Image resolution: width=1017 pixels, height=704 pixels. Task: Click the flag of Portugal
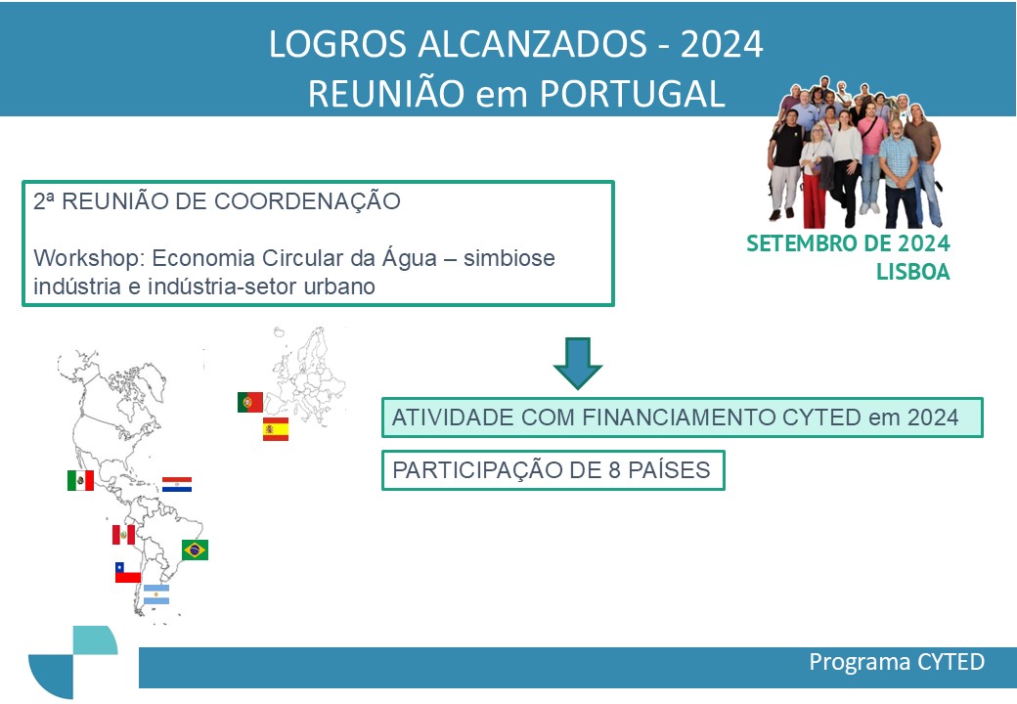pyautogui.click(x=250, y=403)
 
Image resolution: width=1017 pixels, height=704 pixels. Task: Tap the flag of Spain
pyautogui.click(x=276, y=429)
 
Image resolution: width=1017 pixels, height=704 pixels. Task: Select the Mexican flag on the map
pyautogui.click(x=80, y=480)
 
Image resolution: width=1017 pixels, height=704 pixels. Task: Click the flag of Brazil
pyautogui.click(x=196, y=550)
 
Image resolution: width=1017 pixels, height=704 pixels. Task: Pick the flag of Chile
pyautogui.click(x=128, y=572)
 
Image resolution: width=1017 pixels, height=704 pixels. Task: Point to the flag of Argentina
pyautogui.click(x=156, y=594)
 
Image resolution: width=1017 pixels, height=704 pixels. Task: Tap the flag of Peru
pyautogui.click(x=123, y=535)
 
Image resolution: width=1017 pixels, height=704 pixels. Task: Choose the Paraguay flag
pyautogui.click(x=177, y=484)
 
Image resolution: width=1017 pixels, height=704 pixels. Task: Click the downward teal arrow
pyautogui.click(x=577, y=363)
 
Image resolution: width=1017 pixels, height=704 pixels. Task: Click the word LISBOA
pyautogui.click(x=913, y=272)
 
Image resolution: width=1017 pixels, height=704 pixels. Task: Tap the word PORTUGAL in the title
pyautogui.click(x=633, y=94)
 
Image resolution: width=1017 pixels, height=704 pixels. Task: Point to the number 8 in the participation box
pyautogui.click(x=615, y=470)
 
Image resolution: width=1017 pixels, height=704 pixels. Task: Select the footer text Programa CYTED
pyautogui.click(x=897, y=662)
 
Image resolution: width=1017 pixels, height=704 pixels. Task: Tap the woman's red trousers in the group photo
pyautogui.click(x=814, y=197)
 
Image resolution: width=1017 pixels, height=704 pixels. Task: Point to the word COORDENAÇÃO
pyautogui.click(x=307, y=201)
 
